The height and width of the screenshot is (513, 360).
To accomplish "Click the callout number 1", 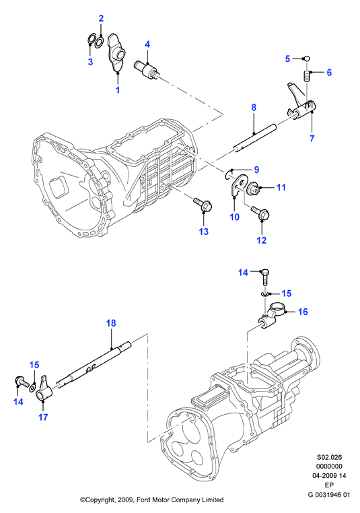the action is [x=118, y=90].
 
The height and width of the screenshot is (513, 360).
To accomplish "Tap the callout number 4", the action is [x=147, y=44].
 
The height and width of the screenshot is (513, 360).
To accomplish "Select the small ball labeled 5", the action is [x=306, y=59].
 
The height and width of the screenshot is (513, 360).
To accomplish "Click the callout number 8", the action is [x=254, y=107].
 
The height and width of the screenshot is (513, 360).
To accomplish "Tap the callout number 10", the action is [x=234, y=217].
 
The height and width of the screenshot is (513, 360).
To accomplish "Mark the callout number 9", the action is [x=256, y=170].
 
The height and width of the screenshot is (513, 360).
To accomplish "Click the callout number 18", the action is [x=111, y=323].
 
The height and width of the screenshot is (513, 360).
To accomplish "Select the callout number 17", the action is [x=43, y=417].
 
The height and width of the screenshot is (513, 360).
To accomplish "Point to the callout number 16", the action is [x=303, y=312].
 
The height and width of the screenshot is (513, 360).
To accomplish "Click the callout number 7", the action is [x=312, y=139].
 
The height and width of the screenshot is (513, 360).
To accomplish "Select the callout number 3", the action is [x=91, y=61].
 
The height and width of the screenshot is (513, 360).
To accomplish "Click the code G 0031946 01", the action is [x=329, y=494].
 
